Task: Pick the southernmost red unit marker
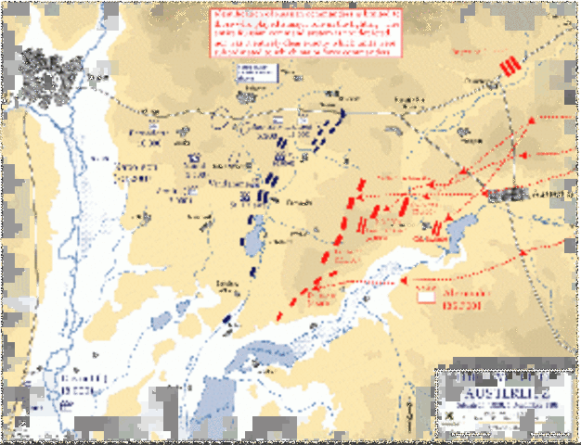click(280, 316)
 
